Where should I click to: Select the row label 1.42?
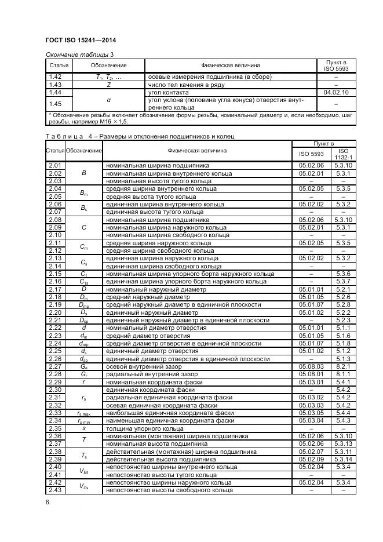pos(55,77)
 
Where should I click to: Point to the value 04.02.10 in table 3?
pos(335,92)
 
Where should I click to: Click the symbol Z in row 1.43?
pos(108,85)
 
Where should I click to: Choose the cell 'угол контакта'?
pos(169,92)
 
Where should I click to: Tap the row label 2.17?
pos(55,289)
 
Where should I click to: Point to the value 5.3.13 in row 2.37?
pos(343,443)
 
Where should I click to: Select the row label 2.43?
pos(55,490)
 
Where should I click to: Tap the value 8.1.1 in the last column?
pos(343,374)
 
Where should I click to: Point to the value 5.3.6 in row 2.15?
pos(343,274)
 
